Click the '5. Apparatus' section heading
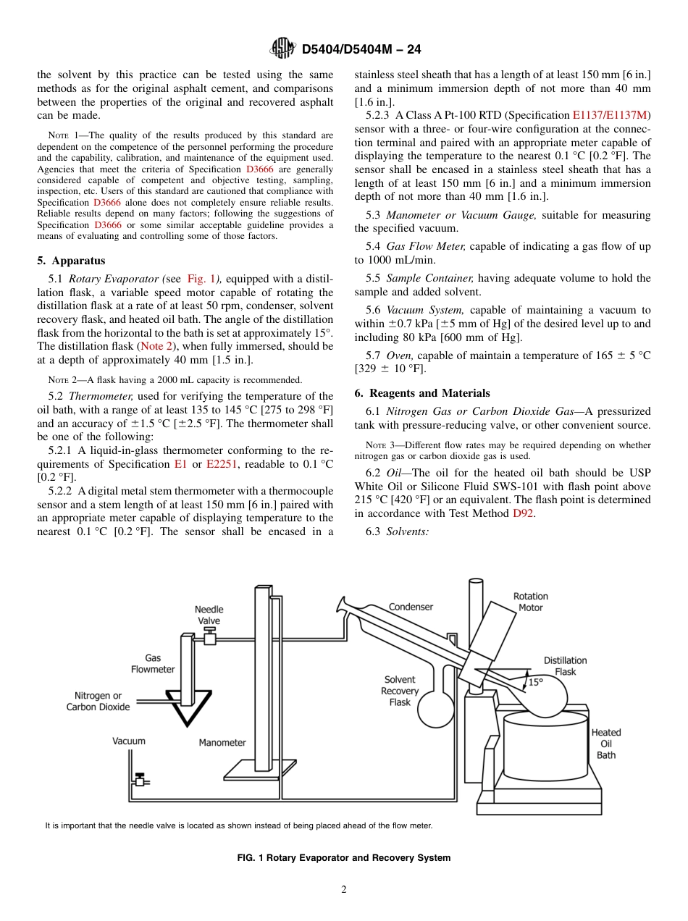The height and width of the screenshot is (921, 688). click(71, 261)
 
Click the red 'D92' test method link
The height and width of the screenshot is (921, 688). click(523, 513)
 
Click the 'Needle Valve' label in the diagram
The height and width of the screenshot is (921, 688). click(209, 615)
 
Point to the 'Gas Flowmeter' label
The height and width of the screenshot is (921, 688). click(153, 663)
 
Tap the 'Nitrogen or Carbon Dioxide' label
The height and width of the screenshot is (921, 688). click(98, 701)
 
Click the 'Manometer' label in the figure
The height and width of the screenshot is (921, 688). click(222, 742)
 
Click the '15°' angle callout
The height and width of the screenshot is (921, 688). click(535, 682)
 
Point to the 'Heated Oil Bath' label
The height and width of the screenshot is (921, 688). click(606, 744)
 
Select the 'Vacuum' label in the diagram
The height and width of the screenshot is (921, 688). click(129, 741)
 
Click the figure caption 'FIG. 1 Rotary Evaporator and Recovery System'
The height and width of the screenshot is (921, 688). click(344, 858)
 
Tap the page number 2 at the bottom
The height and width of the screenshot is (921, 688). click(344, 890)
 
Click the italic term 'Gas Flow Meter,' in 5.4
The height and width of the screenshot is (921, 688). click(427, 247)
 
